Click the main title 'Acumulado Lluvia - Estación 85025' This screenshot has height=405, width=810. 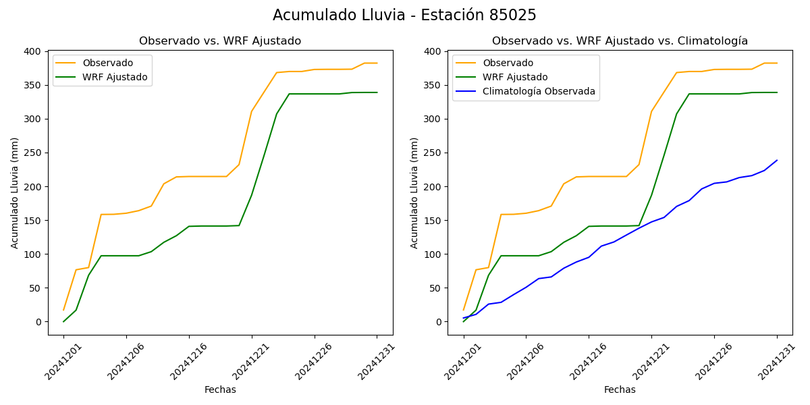pos(404,16)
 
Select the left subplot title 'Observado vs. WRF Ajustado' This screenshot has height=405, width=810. pos(220,41)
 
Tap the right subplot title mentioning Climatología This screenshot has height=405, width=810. pos(620,41)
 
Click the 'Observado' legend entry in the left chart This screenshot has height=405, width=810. pos(107,63)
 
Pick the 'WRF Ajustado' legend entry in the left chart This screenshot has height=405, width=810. pos(115,77)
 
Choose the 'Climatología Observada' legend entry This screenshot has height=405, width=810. pos(539,91)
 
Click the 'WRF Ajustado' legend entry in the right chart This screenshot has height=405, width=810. pos(515,77)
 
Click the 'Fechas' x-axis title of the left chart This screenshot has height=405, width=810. pos(220,389)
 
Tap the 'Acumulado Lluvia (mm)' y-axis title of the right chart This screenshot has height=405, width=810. pos(414,192)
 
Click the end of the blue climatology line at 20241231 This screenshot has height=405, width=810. pos(777,161)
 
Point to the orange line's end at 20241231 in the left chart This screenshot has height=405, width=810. pos(377,63)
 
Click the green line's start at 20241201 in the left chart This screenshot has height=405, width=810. pos(63,321)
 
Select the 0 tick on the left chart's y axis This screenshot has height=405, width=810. pos(39,322)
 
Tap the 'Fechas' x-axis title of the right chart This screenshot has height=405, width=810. pos(620,389)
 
